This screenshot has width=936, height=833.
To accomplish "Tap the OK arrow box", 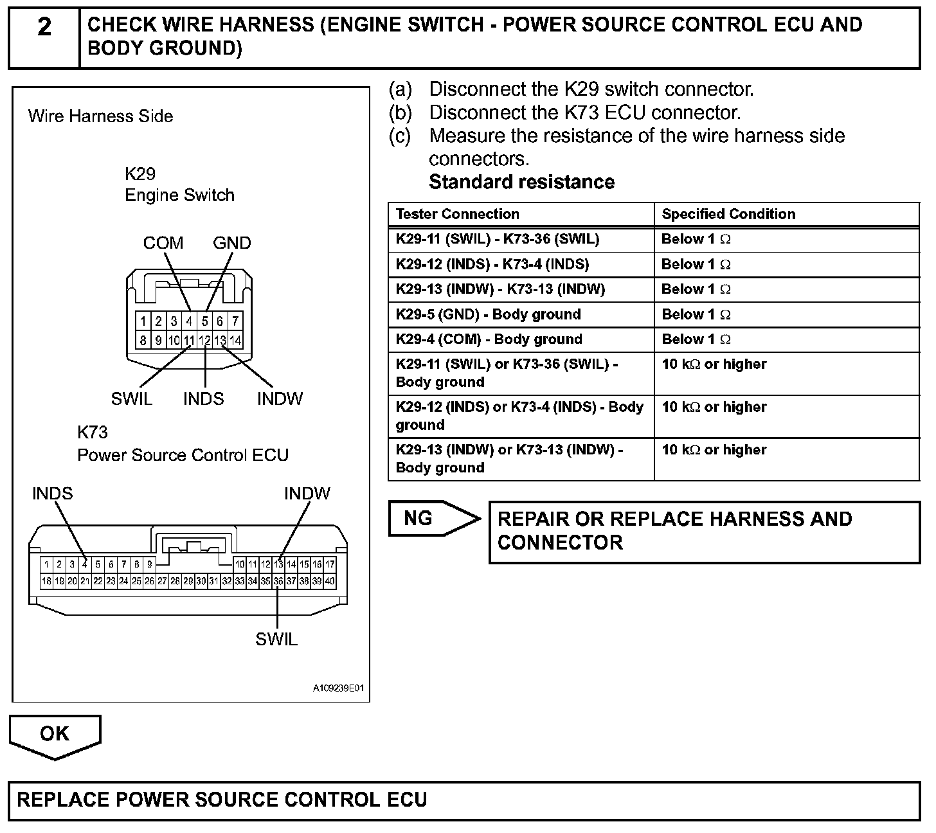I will (x=55, y=734).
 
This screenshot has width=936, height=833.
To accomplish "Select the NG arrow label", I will (x=419, y=519).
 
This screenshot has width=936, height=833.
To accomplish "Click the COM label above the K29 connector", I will (x=163, y=243).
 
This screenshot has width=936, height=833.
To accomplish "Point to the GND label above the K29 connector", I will (x=232, y=243).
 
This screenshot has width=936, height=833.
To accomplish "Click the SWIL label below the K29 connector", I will (x=132, y=399).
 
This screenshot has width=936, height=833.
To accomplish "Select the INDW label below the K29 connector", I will (x=280, y=399).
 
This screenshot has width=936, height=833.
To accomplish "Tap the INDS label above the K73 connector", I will (x=53, y=494).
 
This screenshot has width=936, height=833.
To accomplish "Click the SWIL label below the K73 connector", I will (x=276, y=640).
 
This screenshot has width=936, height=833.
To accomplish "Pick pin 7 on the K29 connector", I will (x=235, y=321).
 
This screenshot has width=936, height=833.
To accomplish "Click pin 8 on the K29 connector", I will (x=143, y=341).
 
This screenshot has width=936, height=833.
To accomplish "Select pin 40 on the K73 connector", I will (x=330, y=581).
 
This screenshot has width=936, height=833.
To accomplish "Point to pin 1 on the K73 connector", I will (x=46, y=565).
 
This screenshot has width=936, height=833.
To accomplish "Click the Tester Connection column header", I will (x=457, y=214).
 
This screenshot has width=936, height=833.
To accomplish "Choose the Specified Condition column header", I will (x=728, y=214).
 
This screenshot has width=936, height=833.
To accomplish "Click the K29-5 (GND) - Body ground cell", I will (x=489, y=314).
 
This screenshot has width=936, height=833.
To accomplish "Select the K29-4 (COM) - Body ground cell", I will (x=489, y=339).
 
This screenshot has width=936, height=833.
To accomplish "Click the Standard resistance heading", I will (x=521, y=182).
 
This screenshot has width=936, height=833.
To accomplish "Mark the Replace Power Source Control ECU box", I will (x=464, y=800).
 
